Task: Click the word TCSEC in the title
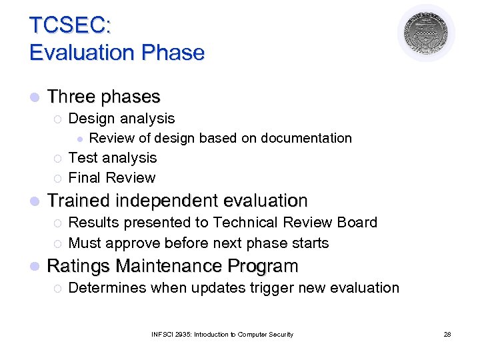(x=69, y=25)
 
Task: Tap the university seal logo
(x=426, y=33)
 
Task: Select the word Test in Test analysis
(x=82, y=158)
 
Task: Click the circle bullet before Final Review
(x=57, y=178)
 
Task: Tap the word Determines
(x=107, y=288)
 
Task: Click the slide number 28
(x=447, y=334)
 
